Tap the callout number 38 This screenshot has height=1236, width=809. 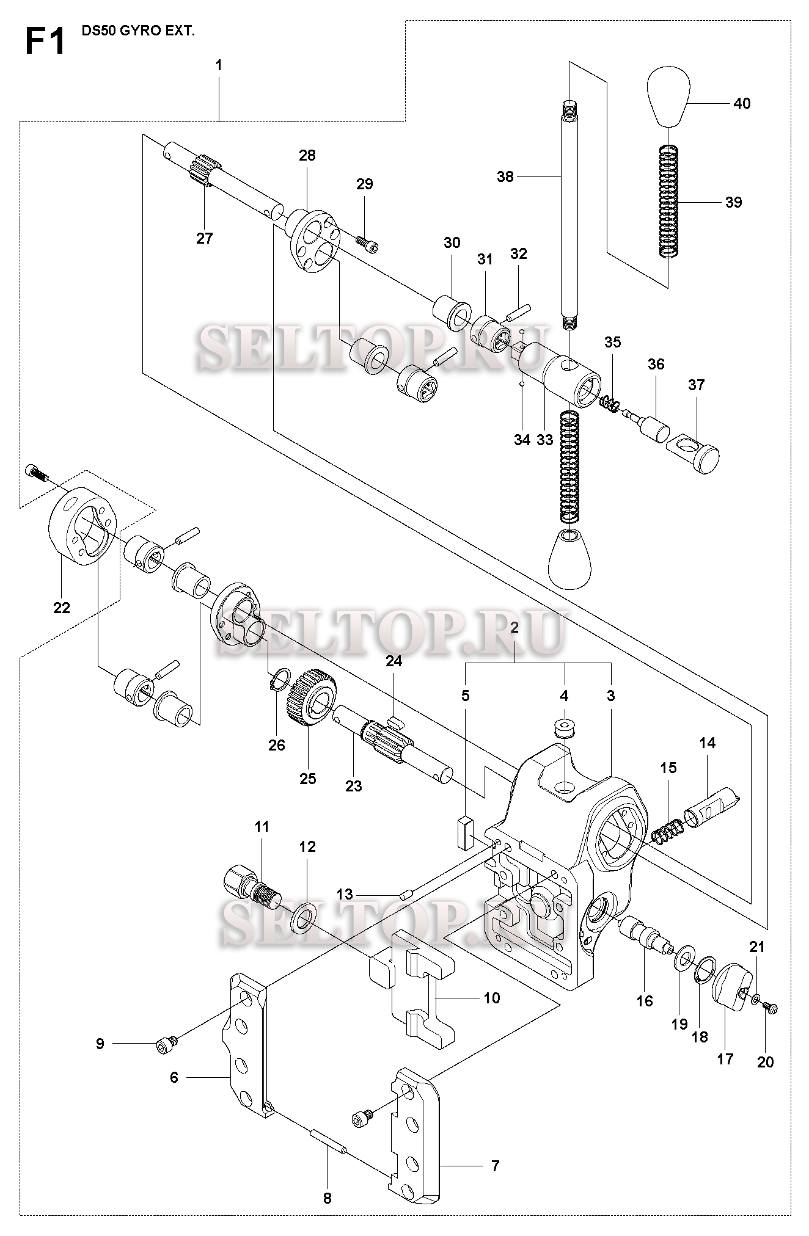pos(505,177)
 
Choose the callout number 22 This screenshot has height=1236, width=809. pos(62,608)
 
